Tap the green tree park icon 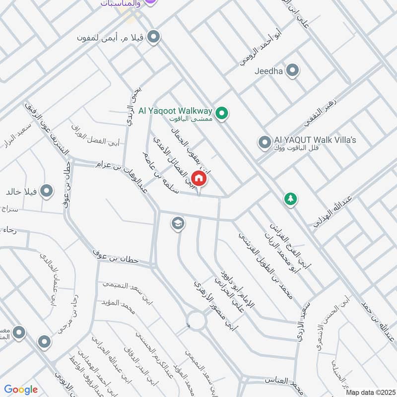(x=290, y=199)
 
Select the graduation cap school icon (x=177, y=224)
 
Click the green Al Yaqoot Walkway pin (x=223, y=114)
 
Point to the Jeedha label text (x=268, y=71)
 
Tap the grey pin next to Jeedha (x=293, y=70)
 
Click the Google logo (x=21, y=390)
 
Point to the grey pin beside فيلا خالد (x=47, y=191)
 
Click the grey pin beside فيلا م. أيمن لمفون (x=154, y=37)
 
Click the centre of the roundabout (x=197, y=321)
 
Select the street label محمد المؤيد (x=119, y=306)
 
